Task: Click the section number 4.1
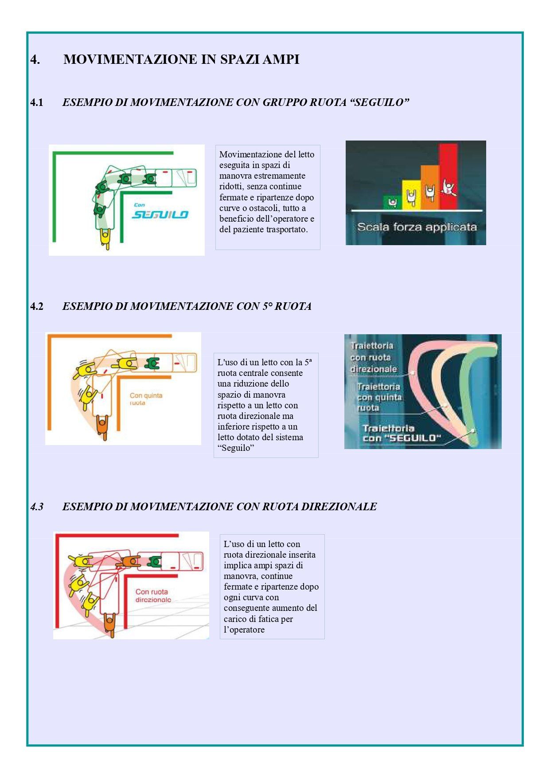(37, 102)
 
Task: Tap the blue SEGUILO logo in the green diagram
(160, 215)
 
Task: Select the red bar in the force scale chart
(448, 176)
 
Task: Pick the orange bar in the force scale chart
(429, 187)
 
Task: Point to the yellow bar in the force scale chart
(411, 195)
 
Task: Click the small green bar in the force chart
(393, 202)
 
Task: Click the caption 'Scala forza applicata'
(417, 227)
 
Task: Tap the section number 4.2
(37, 306)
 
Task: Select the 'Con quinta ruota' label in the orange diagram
(146, 399)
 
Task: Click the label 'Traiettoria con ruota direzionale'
(373, 357)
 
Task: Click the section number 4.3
(37, 507)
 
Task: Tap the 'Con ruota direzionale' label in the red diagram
(153, 595)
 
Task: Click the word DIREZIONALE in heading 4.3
(339, 507)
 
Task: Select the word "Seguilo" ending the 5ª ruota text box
(236, 448)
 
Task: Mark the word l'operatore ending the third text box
(244, 630)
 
